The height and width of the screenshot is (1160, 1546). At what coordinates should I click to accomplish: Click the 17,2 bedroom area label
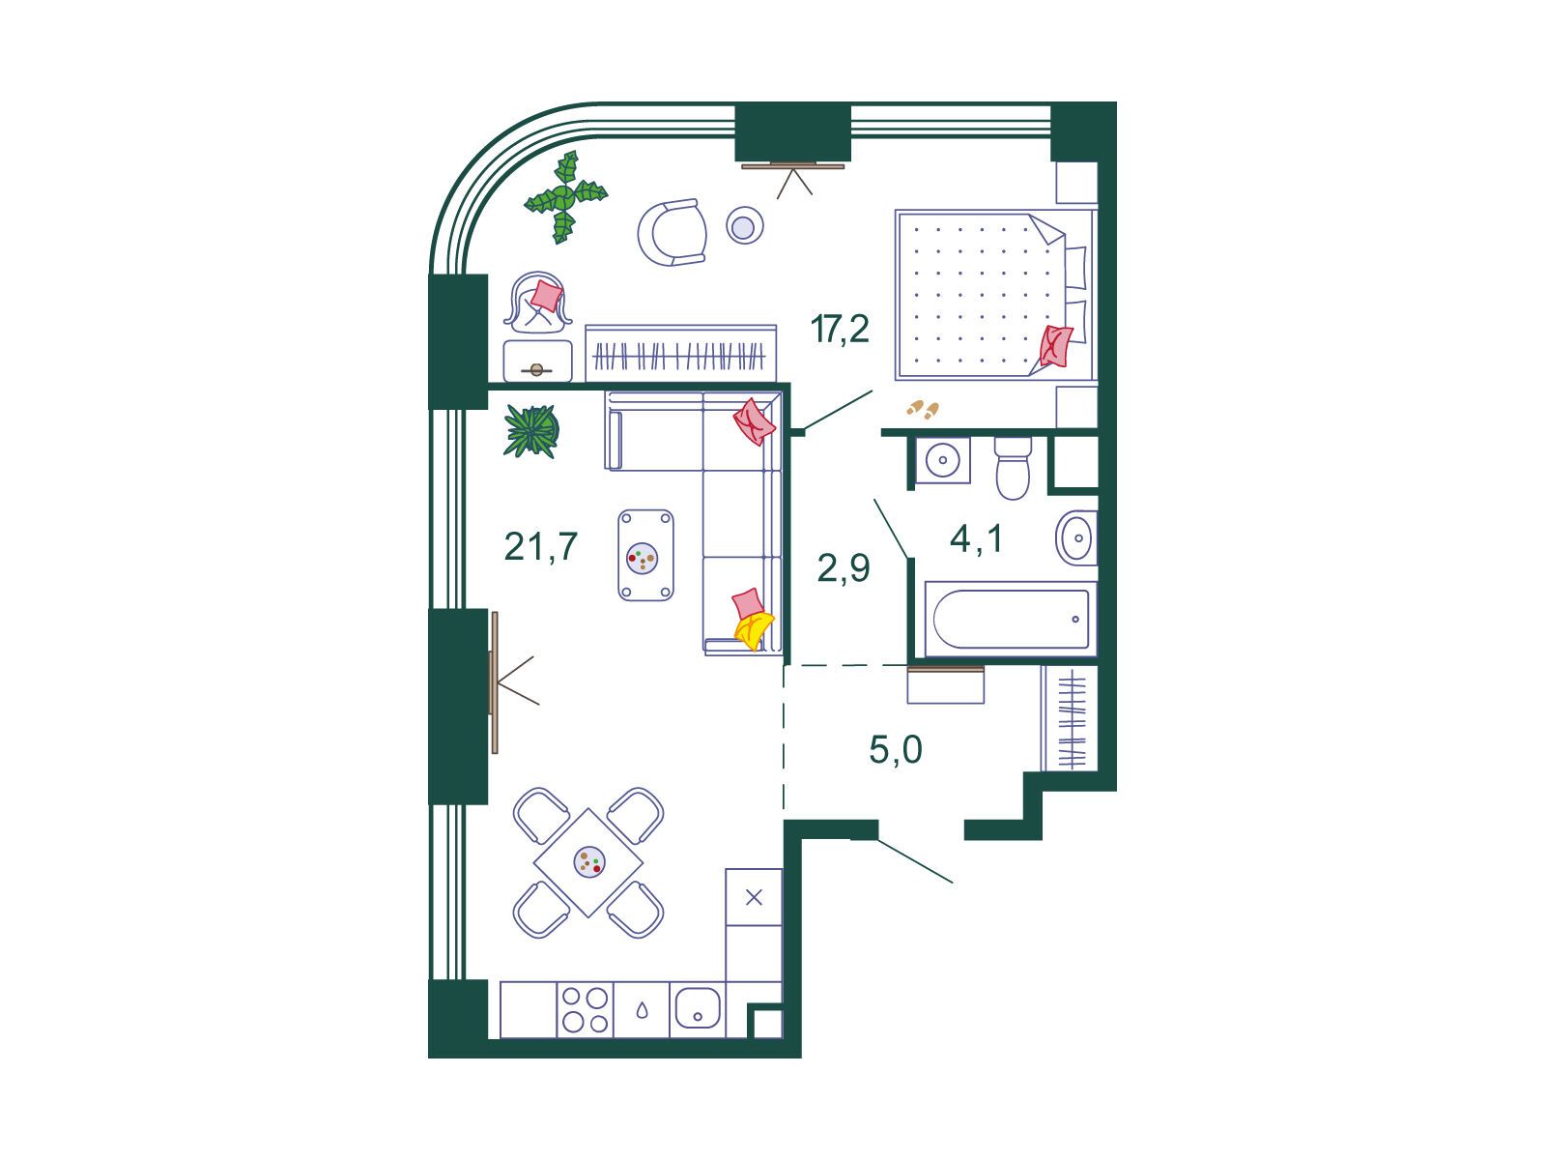coord(840,329)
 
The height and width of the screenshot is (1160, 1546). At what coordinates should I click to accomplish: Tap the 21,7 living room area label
coord(541,546)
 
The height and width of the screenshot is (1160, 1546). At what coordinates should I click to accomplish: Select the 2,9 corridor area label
coord(844,567)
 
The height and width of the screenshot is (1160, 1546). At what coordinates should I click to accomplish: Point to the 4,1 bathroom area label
coord(976,539)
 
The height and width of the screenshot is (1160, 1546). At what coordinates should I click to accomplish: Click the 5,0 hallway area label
coord(895,749)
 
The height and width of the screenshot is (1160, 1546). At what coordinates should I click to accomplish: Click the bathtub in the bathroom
coord(1011,619)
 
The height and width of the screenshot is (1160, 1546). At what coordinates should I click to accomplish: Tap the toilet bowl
coord(1013,468)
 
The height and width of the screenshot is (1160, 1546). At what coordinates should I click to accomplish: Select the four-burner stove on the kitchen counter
coord(585,1009)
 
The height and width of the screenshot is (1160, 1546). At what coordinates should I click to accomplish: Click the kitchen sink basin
coord(698,1007)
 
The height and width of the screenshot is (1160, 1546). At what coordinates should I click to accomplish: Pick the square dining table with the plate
coord(588,862)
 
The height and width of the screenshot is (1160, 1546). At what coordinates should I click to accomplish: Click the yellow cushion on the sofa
coord(754,630)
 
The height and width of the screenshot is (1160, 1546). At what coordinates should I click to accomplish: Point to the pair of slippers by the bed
coord(923,409)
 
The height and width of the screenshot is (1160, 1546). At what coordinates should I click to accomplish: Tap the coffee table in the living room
coord(645,556)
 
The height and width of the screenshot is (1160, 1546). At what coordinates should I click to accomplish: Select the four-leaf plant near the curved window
coord(565,196)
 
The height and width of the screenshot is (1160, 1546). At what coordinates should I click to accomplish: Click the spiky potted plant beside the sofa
coord(531,431)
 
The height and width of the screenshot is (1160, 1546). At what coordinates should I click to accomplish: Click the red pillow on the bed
coord(1056,346)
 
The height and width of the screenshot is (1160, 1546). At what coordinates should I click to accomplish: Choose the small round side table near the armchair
coord(744,225)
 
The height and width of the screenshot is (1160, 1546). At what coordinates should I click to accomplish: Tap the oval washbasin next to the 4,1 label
coord(1076,538)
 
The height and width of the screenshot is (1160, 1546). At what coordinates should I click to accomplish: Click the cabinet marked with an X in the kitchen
coord(754,897)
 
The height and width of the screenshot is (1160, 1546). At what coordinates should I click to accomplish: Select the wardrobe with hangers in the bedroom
coord(680,354)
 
